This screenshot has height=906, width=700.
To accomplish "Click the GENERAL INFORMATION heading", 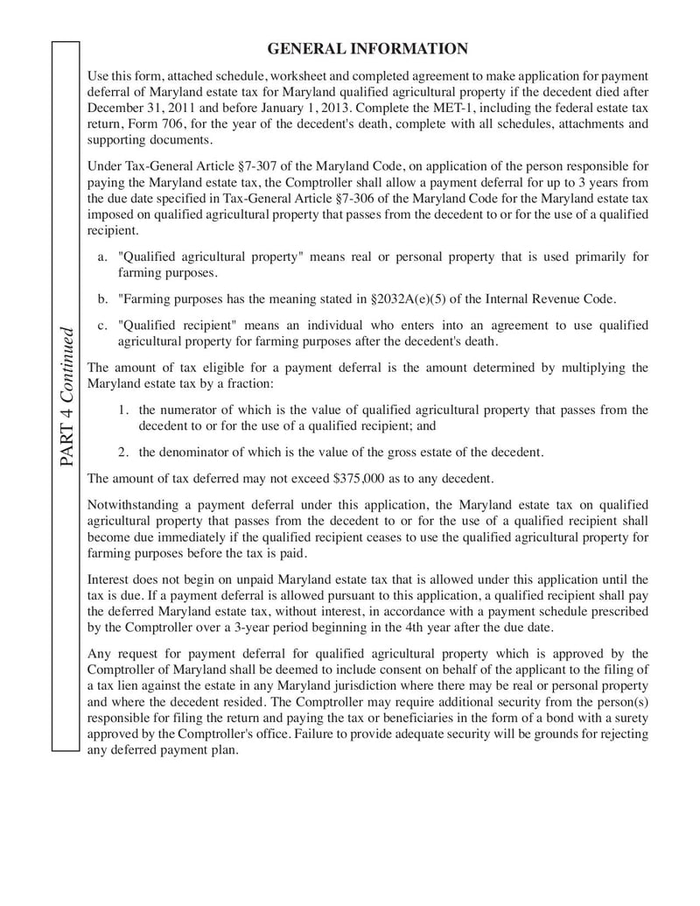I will coord(367,48).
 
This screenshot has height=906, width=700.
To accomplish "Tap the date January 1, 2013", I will coord(280,108).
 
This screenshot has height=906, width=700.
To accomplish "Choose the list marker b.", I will coord(102,298).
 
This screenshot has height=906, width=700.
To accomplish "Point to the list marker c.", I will coord(102,325).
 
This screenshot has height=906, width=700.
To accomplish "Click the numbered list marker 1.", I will coord(123,410).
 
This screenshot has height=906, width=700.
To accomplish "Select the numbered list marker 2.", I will coord(123,453).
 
